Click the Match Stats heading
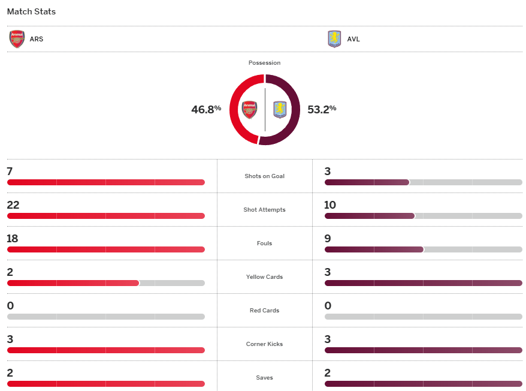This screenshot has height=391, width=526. (x=31, y=11)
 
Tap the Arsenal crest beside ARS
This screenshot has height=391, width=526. (x=17, y=39)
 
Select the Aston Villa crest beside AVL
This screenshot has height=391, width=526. (x=334, y=39)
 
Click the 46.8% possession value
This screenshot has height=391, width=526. (x=206, y=109)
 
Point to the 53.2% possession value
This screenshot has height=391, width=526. (x=322, y=109)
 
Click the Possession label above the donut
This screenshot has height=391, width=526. (x=264, y=63)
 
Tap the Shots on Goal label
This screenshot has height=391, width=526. (x=264, y=176)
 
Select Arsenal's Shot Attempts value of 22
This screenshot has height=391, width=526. (x=13, y=205)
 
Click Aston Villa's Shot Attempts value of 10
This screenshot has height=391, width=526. (x=330, y=205)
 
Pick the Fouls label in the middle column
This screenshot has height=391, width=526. (x=264, y=243)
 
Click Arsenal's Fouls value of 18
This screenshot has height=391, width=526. (x=13, y=239)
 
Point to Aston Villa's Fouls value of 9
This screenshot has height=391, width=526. (x=328, y=239)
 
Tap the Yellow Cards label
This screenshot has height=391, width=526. (x=264, y=277)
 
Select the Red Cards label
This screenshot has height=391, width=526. (x=264, y=311)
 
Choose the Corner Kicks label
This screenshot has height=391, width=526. (x=264, y=344)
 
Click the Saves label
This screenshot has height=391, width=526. (x=264, y=378)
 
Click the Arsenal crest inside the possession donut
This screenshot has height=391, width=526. (x=249, y=110)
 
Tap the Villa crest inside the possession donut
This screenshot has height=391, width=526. (x=280, y=110)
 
